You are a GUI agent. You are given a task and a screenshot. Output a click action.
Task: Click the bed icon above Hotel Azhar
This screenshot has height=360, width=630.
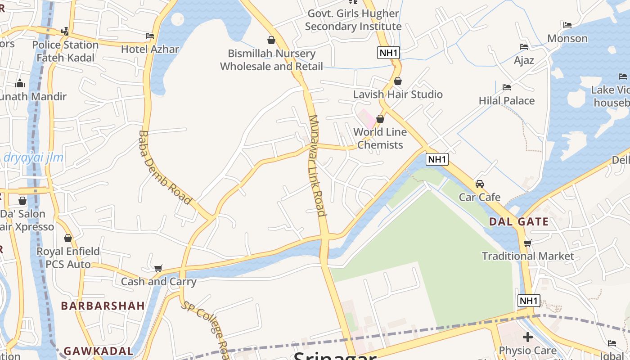(150, 36)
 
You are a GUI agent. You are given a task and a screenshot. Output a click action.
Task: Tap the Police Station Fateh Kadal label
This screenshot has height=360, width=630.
(65, 51)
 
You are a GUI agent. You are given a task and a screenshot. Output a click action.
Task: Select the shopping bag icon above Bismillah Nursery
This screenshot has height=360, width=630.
(271, 40)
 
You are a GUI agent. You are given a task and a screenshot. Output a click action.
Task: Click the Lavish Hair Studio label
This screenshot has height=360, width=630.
(398, 94)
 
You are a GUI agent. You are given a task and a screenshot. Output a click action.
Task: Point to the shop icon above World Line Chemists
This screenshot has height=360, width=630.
(380, 119)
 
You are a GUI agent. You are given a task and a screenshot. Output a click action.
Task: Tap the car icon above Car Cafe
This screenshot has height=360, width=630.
(480, 184)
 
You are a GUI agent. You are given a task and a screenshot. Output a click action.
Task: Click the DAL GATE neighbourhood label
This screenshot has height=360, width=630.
(519, 221)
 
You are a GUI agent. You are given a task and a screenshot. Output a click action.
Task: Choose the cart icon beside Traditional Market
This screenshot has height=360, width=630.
(528, 243)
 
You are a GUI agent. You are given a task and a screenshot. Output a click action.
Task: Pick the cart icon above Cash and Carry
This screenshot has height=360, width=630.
(158, 269)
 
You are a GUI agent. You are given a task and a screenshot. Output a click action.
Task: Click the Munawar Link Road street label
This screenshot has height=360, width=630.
(317, 165)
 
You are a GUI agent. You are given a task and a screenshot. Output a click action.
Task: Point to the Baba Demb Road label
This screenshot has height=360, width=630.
(165, 167)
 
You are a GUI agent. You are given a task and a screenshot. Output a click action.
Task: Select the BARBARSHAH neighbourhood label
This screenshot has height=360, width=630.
(103, 306)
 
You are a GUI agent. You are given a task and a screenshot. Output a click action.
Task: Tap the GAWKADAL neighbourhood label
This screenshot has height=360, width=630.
(99, 351)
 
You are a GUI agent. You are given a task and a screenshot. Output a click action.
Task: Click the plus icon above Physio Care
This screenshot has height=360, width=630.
(528, 337)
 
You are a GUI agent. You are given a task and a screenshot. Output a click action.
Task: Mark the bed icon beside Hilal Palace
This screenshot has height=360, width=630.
(507, 87)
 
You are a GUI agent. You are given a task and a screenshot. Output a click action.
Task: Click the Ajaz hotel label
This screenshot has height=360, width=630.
(524, 60)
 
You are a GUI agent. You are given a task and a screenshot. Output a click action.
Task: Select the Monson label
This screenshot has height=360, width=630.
(567, 38)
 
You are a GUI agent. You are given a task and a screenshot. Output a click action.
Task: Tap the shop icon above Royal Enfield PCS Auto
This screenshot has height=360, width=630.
(68, 238)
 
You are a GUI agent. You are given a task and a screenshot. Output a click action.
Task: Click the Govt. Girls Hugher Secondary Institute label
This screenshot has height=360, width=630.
(353, 20)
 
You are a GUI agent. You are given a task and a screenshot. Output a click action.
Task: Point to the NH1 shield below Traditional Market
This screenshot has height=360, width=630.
(528, 301)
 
